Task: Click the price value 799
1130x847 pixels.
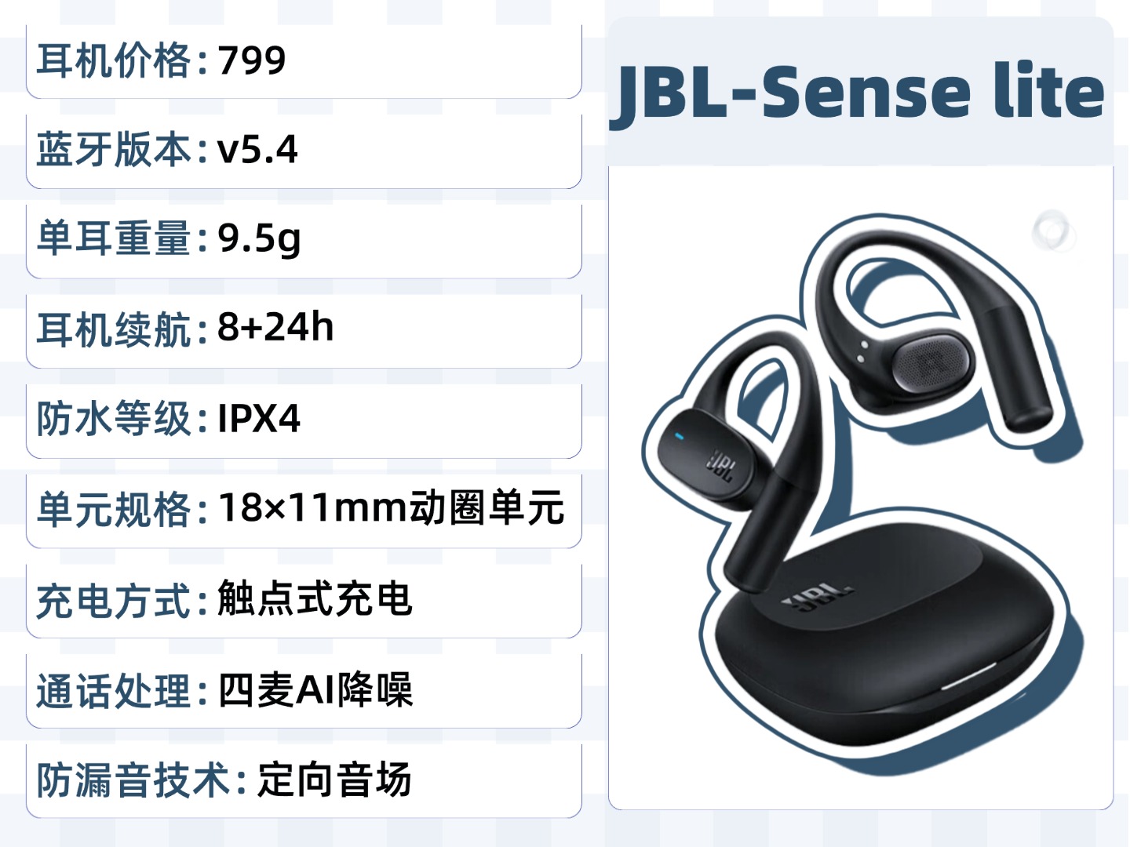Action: coord(252,60)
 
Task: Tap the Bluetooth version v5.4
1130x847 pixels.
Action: coord(257,149)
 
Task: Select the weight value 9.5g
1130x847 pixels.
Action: coord(259,238)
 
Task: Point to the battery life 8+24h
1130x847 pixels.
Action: coord(275,327)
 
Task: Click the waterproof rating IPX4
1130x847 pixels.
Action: coord(259,418)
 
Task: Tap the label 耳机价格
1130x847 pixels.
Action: coord(114,60)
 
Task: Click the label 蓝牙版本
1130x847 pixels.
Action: coord(114,149)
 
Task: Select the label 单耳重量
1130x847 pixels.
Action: coord(114,238)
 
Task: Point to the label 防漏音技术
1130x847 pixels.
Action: coord(133,780)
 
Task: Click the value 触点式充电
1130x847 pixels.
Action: coord(315,599)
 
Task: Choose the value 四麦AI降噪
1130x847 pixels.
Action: coord(315,690)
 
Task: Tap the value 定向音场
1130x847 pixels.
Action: coord(334,780)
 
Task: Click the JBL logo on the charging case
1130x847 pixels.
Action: coord(818,598)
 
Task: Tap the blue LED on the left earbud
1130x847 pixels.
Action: coord(680,437)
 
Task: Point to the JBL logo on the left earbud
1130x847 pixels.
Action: coord(720,466)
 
